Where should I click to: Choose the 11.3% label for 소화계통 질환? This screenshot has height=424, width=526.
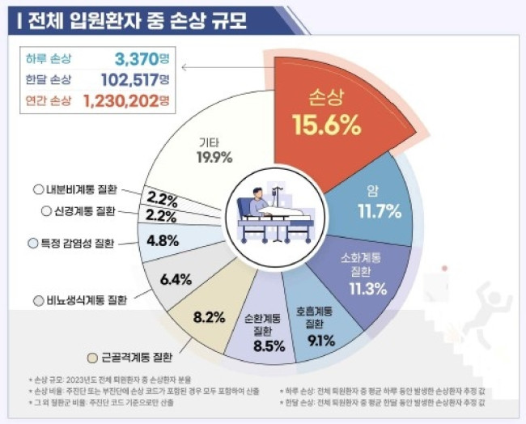click(x=362, y=290)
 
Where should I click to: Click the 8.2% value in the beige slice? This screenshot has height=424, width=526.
click(x=208, y=316)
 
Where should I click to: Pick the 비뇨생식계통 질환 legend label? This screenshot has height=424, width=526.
click(x=80, y=301)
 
